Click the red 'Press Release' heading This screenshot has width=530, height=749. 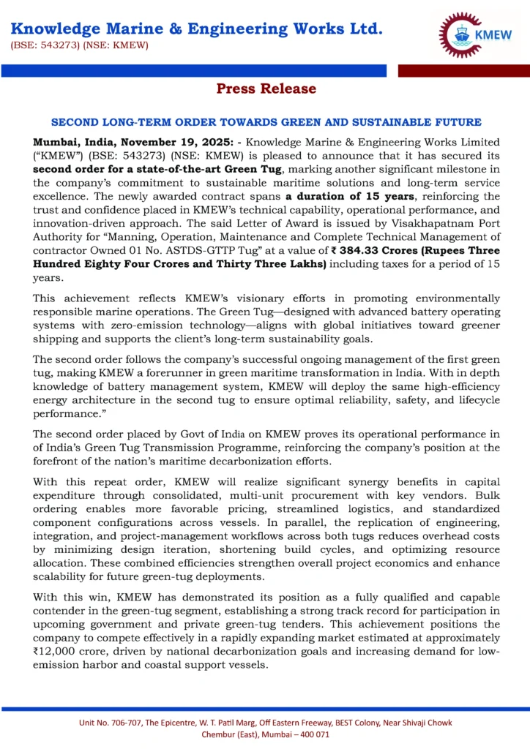[266, 89]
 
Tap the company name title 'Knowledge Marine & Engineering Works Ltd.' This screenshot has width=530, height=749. [196, 29]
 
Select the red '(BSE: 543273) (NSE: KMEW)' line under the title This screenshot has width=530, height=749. [79, 45]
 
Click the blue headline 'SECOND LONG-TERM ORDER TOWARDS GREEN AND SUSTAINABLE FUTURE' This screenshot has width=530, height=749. [265, 121]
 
